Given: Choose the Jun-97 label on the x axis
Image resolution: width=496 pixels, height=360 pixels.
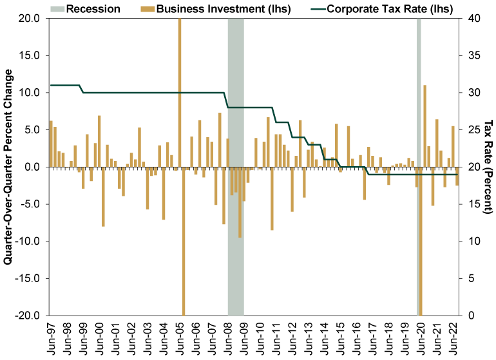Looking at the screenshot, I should [x=51, y=337].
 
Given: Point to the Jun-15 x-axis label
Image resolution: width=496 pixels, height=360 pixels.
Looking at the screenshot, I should [x=342, y=337].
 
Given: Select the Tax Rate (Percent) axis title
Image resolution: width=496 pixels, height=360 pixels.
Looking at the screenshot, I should [x=488, y=167].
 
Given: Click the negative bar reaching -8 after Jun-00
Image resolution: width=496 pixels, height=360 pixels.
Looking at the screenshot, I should [x=103, y=196].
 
